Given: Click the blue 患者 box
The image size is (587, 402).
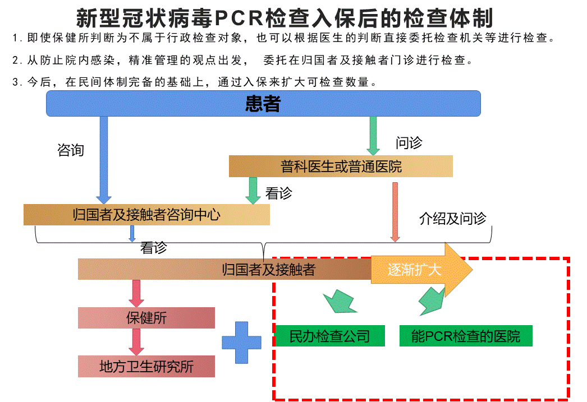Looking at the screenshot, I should pyautogui.click(x=263, y=104).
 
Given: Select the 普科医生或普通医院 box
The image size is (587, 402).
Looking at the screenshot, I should pyautogui.click(x=341, y=167).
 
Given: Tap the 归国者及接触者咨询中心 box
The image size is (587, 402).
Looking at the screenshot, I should pyautogui.click(x=146, y=215).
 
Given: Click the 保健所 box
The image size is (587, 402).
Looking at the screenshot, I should pyautogui.click(x=146, y=318).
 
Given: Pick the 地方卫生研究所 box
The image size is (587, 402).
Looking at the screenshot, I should pyautogui.click(x=146, y=367).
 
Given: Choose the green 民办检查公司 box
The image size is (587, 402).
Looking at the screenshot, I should pyautogui.click(x=330, y=336).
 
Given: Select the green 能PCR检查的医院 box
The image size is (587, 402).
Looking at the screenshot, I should pyautogui.click(x=465, y=336).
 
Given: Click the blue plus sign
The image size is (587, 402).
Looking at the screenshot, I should pyautogui.click(x=241, y=342).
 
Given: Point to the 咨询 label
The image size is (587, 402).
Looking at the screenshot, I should pyautogui.click(x=71, y=150).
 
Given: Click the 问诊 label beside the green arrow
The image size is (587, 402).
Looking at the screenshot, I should pyautogui.click(x=409, y=143).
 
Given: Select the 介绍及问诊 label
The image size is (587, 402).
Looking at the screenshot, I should pyautogui.click(x=452, y=219).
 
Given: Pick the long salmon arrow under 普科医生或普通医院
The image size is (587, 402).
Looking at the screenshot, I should pyautogui.click(x=395, y=210).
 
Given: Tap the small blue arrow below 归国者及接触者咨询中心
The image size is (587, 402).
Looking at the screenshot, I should pyautogui.click(x=132, y=233).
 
